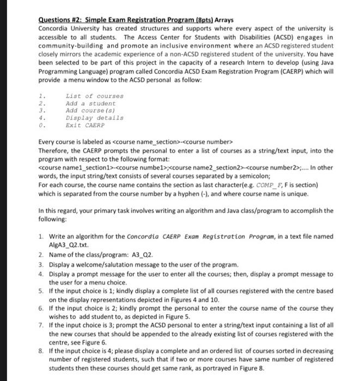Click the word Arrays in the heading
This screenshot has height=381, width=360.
click(x=223, y=20)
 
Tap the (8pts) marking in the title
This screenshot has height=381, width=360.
click(x=198, y=20)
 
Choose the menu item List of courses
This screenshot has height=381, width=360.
click(x=94, y=96)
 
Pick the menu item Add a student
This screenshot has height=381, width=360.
click(x=90, y=103)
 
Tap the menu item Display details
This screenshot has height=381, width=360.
click(x=94, y=117)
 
